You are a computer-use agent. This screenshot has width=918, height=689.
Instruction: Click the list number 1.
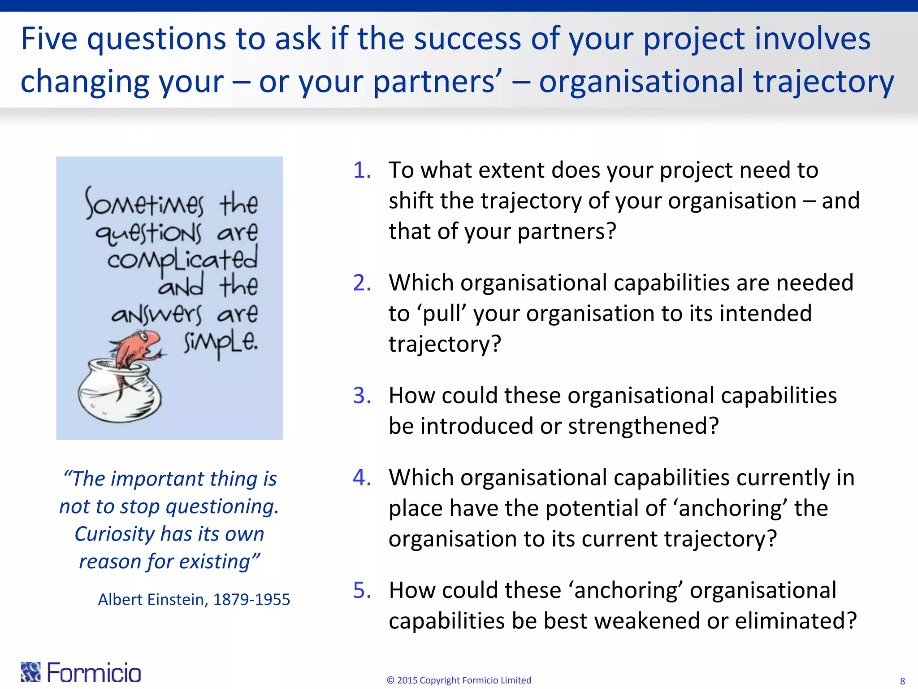pos(362,170)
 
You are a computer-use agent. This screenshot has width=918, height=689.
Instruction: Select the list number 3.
pos(362,396)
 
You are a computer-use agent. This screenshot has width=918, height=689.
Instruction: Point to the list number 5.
pos(362,590)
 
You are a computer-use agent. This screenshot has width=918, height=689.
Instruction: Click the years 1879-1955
pos(251,600)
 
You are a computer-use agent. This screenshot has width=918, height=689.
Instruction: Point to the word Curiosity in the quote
pos(114,534)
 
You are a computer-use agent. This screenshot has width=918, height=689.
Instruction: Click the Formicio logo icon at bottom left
pos(30,672)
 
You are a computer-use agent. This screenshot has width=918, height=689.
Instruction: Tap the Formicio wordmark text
pos(94,672)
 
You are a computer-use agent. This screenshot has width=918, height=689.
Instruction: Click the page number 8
pos(902,681)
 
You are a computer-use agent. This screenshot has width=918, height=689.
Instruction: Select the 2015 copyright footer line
pos(459,680)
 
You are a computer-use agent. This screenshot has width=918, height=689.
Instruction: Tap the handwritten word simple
pos(221,343)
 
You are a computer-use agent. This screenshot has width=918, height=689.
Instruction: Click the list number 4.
pos(362,477)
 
